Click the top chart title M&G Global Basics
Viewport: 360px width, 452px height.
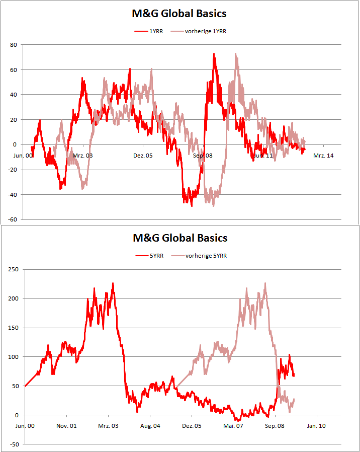179,14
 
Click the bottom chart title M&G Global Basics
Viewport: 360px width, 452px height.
179,238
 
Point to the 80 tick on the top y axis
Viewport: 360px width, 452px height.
14,45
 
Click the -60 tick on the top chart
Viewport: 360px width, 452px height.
13,219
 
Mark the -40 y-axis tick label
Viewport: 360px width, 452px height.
13,194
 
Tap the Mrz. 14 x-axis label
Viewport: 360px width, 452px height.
323,156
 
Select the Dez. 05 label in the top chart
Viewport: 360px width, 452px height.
142,156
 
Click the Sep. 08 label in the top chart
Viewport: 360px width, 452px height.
203,156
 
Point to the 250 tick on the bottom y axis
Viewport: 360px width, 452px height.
13,269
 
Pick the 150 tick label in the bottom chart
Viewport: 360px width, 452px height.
13,328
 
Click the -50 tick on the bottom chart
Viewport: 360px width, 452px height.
13,444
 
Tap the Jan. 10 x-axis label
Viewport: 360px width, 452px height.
316,426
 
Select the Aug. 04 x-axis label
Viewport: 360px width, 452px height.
150,426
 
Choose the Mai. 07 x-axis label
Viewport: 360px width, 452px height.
233,426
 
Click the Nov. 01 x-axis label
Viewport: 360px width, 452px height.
66,426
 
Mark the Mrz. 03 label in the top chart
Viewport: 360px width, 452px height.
82,156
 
